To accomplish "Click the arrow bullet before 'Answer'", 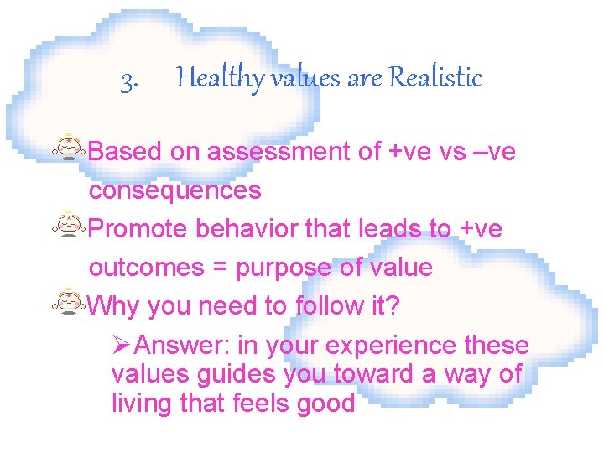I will point(122,345).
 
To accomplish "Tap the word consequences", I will point(174,190).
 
